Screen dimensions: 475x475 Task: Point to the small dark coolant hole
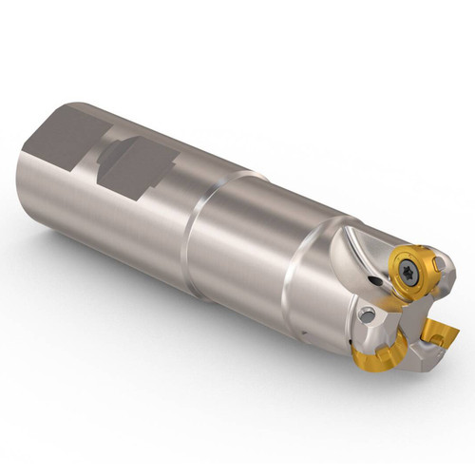378,282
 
